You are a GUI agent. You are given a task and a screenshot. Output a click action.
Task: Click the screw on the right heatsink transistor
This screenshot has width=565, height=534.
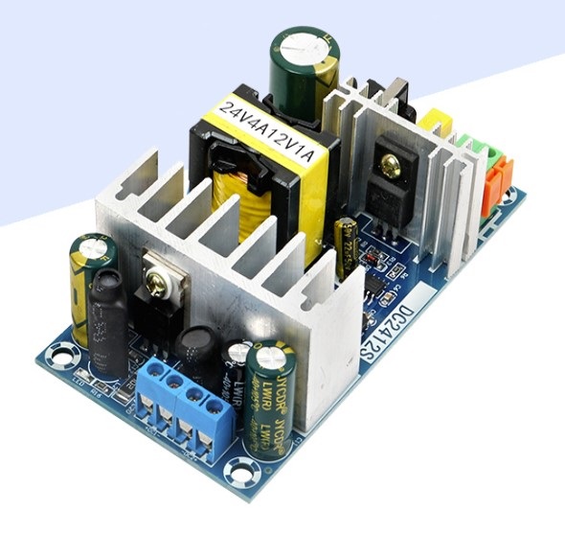click(389, 167)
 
